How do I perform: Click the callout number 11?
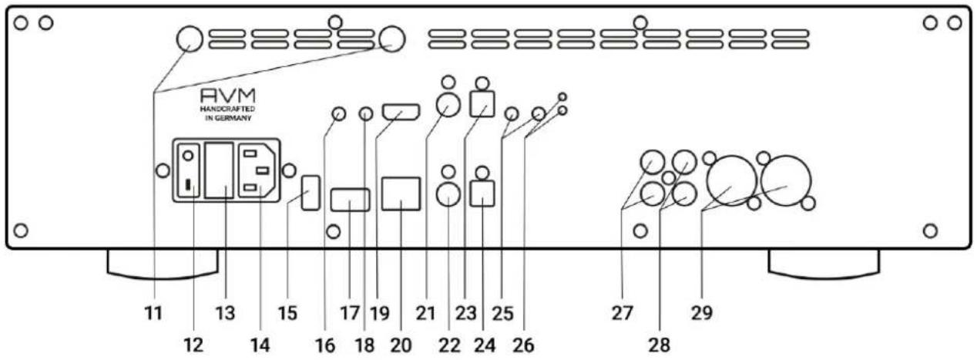tap(153, 313)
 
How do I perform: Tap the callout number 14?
tap(260, 345)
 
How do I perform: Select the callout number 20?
tap(401, 345)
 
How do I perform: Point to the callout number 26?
tap(523, 345)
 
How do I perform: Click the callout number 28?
tap(659, 345)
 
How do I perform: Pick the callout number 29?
tap(701, 313)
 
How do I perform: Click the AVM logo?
tap(227, 96)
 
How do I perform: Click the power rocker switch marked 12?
tap(188, 171)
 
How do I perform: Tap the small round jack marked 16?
tap(339, 114)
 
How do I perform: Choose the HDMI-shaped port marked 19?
tap(401, 112)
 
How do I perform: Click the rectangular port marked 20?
tap(401, 193)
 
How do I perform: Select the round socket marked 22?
tap(448, 193)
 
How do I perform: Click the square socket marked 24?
tap(482, 193)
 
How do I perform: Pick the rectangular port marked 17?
tap(351, 200)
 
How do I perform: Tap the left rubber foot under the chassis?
tap(163, 264)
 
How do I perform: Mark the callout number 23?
tap(465, 313)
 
